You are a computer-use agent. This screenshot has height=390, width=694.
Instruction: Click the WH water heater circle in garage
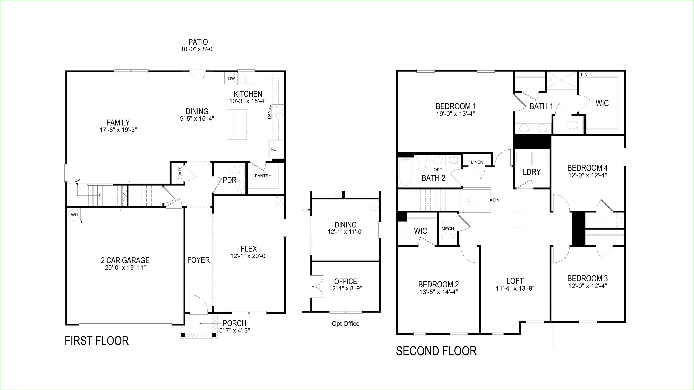(74, 215)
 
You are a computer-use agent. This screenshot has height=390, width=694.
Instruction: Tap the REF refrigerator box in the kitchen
(275, 149)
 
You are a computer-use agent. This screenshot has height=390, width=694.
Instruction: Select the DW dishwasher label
(231, 79)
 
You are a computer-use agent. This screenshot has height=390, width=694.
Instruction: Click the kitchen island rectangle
(237, 124)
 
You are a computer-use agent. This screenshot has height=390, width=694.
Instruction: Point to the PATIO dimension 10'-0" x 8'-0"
(198, 49)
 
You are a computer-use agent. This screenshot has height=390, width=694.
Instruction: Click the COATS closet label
(180, 173)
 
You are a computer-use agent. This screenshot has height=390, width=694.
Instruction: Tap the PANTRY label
(263, 176)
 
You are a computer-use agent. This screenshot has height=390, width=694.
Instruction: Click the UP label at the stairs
(77, 180)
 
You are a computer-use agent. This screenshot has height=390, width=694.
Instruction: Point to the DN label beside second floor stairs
(496, 200)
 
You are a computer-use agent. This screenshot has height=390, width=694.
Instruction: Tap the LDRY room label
(532, 172)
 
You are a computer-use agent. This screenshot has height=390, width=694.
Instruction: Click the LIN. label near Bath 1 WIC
(585, 75)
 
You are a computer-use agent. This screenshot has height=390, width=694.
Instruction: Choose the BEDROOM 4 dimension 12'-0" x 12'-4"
(587, 175)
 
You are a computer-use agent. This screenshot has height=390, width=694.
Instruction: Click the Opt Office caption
(345, 323)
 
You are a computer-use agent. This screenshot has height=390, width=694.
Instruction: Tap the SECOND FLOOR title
(436, 351)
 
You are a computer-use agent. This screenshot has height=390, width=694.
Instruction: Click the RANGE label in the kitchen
(269, 112)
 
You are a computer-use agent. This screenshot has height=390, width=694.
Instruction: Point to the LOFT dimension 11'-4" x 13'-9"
(515, 289)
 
